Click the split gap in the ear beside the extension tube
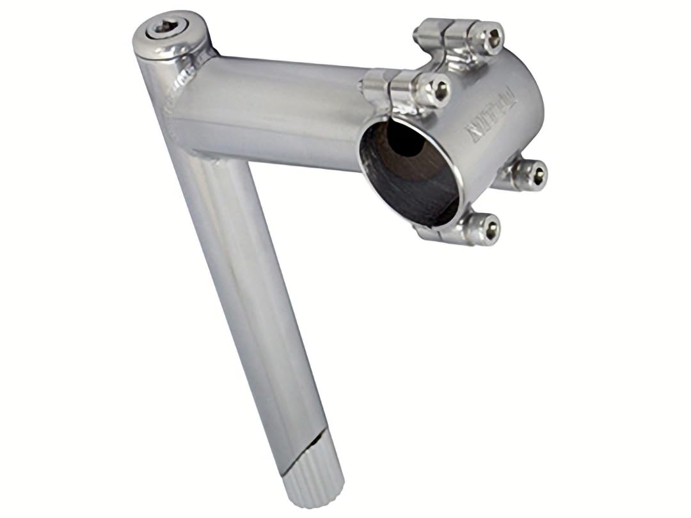click(x=390, y=83)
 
